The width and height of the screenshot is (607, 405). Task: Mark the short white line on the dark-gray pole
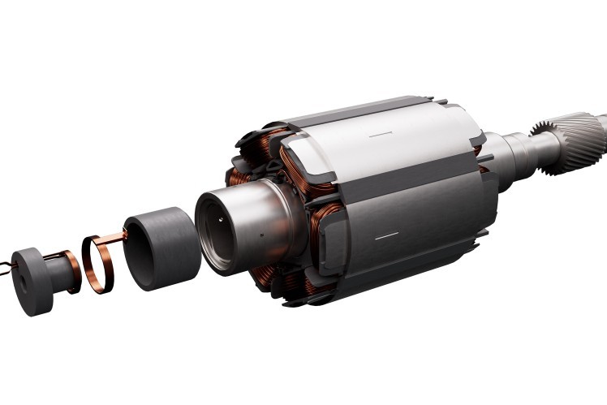tap(387, 235)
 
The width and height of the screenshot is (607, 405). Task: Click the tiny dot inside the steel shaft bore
tap(217, 219)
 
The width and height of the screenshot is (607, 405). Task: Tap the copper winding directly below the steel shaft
tap(268, 280)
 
